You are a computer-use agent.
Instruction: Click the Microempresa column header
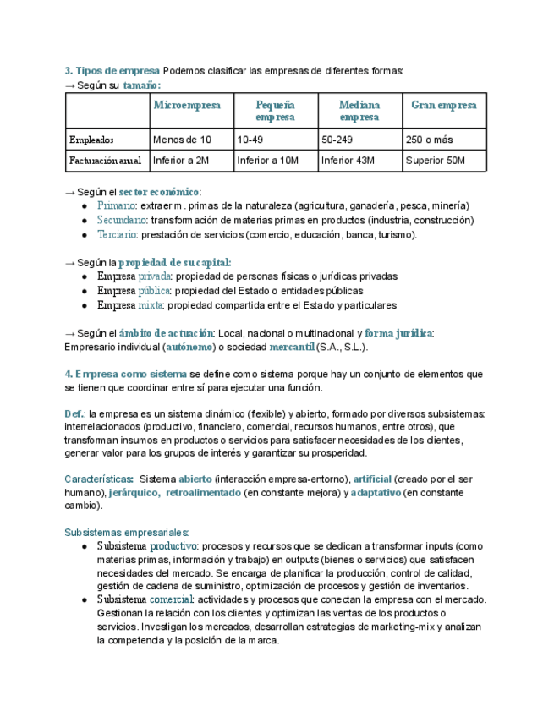click(x=187, y=106)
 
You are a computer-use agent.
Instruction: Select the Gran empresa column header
click(x=444, y=106)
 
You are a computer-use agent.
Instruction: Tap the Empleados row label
click(x=91, y=140)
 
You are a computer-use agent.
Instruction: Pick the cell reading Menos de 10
click(x=182, y=140)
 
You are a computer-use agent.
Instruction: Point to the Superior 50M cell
click(x=436, y=161)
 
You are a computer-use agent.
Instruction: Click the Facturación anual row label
click(x=105, y=161)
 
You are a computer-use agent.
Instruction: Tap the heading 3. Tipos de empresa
click(x=112, y=70)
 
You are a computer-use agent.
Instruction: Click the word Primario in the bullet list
click(x=116, y=205)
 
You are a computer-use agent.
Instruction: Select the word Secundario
click(x=122, y=220)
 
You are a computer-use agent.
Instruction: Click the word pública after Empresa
click(x=154, y=291)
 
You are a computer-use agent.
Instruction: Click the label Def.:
click(x=75, y=413)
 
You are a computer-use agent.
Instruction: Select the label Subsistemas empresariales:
click(x=127, y=532)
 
